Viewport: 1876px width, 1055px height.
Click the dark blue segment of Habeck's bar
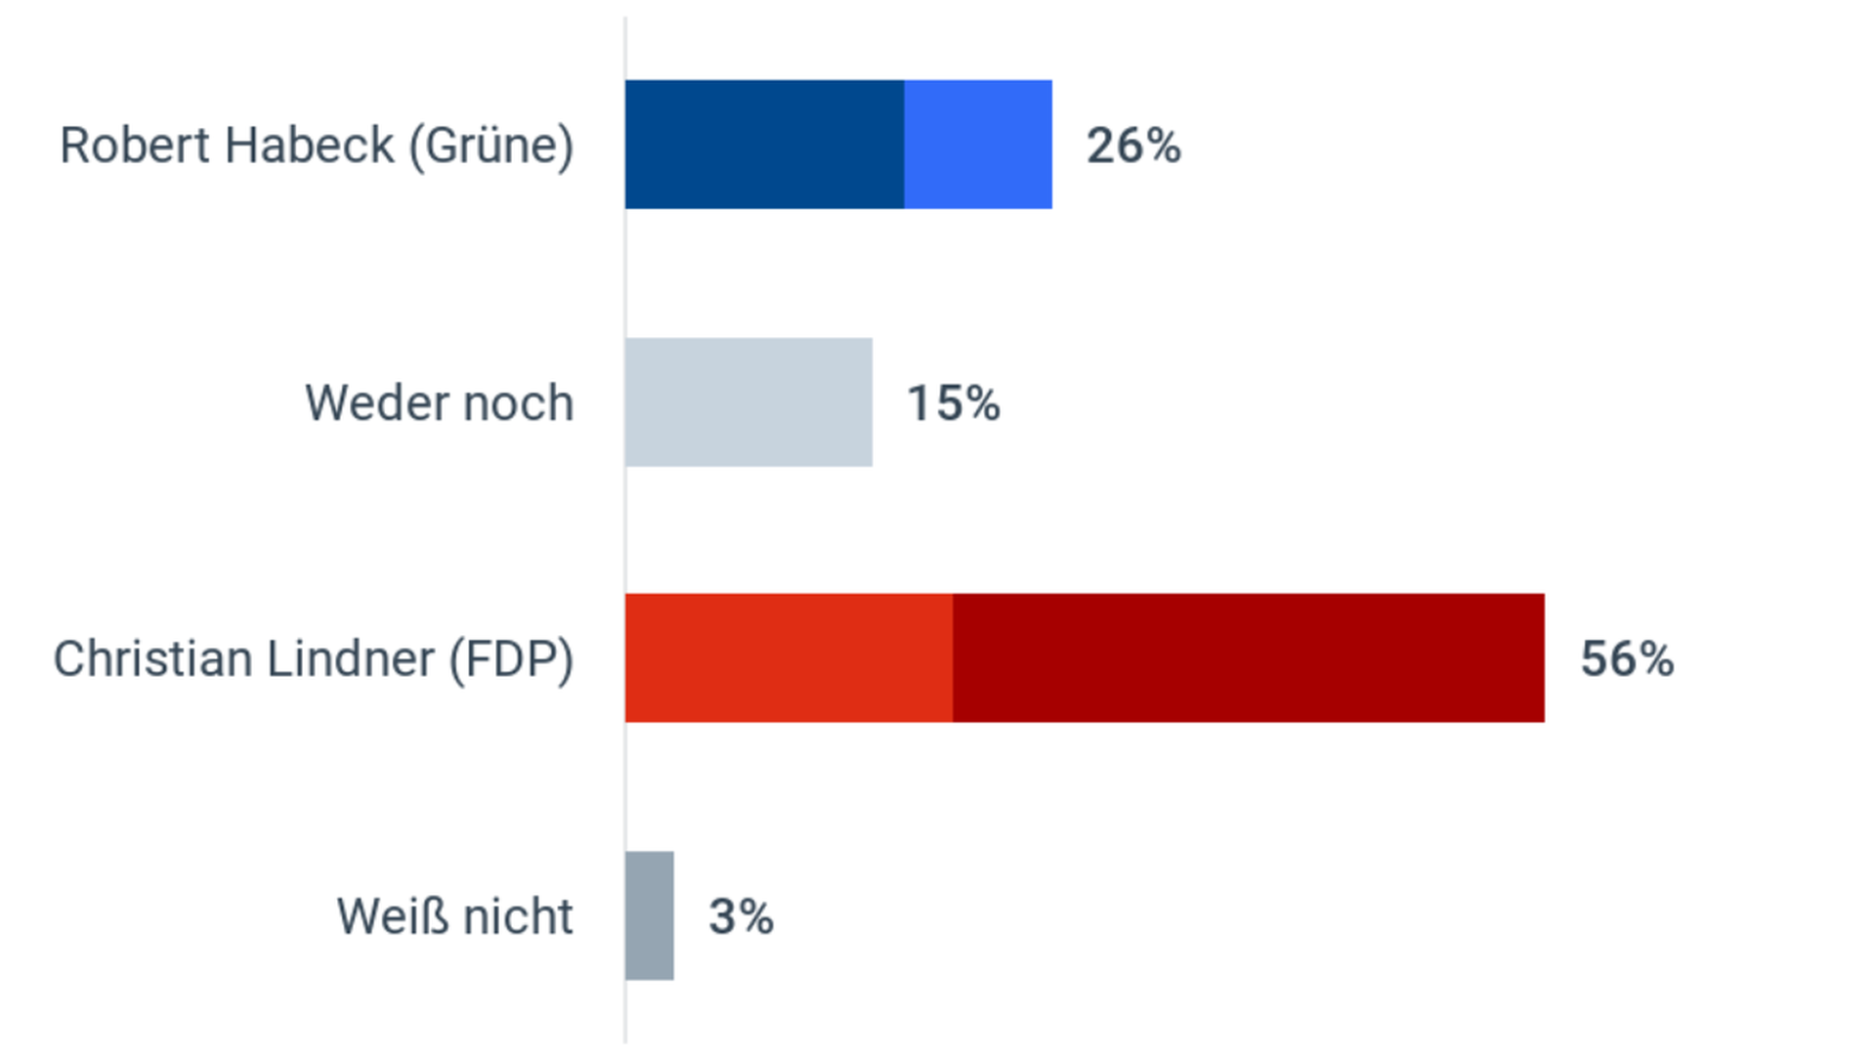764,145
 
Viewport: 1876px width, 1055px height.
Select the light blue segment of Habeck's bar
978,145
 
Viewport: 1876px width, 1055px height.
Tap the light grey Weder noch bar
748,402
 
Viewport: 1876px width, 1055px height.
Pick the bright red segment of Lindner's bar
789,658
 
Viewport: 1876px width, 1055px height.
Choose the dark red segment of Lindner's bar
1248,658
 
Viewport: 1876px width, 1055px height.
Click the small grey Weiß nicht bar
650,915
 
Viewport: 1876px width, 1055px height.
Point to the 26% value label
1133,147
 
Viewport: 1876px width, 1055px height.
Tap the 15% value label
954,403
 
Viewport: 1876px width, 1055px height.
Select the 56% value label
1627,659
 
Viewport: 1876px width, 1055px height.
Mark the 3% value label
742,917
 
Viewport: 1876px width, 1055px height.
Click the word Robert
135,147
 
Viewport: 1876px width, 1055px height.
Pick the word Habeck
310,147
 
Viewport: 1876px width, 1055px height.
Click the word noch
518,403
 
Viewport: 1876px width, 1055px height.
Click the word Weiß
393,917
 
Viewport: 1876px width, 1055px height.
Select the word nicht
518,917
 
